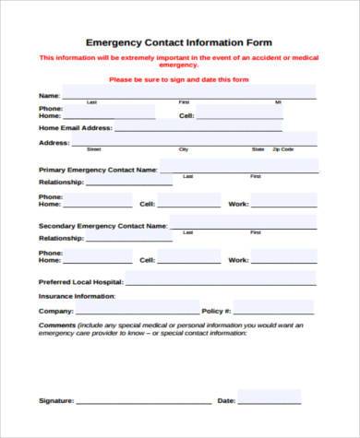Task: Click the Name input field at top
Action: click(x=188, y=93)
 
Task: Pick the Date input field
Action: click(x=270, y=397)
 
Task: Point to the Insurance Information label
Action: click(x=77, y=296)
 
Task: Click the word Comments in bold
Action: click(x=56, y=325)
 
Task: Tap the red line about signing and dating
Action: click(x=179, y=79)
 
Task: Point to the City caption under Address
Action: click(x=184, y=148)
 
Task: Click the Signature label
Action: click(x=55, y=401)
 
